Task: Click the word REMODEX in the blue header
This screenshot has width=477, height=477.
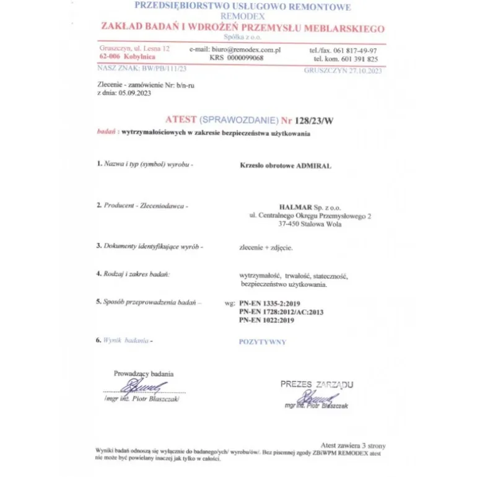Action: click(242, 17)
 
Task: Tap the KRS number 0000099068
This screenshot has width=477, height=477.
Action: click(245, 58)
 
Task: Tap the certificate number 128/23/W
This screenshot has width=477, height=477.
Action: click(316, 121)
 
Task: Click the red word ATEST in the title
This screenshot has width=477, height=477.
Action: click(181, 120)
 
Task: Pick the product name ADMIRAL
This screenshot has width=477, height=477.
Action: click(314, 166)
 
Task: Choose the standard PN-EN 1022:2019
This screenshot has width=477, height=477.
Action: click(266, 320)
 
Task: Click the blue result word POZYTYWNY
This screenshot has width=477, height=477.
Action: click(263, 341)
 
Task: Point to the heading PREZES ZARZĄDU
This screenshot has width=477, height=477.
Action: click(317, 384)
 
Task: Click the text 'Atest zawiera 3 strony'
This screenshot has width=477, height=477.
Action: click(353, 445)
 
